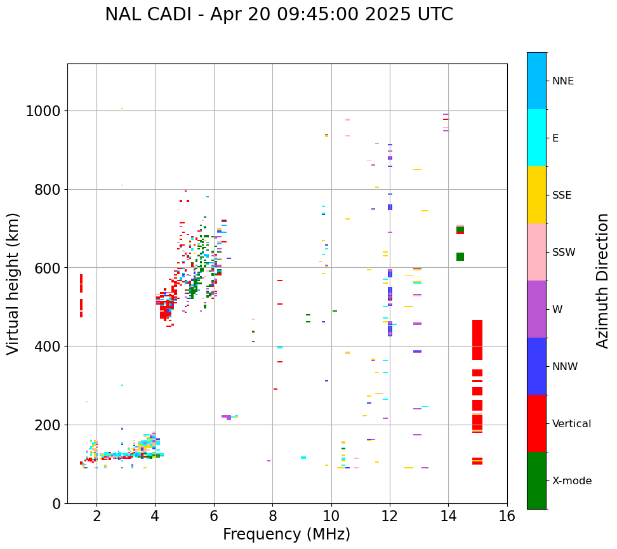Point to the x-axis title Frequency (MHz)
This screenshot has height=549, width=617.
pos(286,534)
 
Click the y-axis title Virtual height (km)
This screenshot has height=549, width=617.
pos(13,283)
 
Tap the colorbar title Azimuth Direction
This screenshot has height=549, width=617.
pos(602,280)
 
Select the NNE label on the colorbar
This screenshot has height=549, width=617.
pos(562,81)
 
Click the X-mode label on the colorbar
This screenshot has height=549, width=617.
pos(571,481)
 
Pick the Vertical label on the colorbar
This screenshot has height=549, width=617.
pos(571,424)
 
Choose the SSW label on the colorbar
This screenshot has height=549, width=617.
pos(564,253)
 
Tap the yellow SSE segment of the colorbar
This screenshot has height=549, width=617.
pos(536,195)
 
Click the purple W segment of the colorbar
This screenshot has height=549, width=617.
pos(536,309)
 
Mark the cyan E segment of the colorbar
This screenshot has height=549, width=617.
pos(536,138)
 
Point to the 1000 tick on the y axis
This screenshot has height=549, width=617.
pos(43,112)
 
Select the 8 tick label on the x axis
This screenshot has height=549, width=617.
pos(272,516)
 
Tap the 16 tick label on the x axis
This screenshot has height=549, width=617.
pos(507,516)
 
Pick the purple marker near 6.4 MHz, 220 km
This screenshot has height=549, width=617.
pos(227,417)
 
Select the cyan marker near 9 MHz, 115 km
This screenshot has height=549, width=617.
pos(303,458)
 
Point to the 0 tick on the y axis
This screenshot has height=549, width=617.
pos(56,504)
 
